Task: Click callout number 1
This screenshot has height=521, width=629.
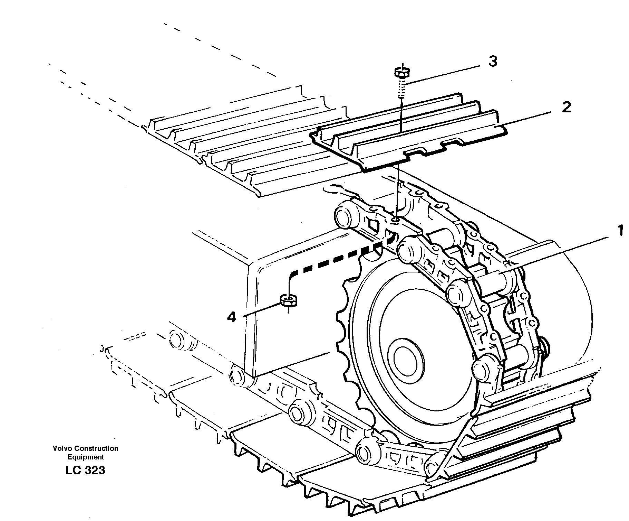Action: coord(620,231)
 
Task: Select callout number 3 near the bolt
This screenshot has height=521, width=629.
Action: coord(493,62)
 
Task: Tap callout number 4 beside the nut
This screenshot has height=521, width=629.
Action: coord(231,317)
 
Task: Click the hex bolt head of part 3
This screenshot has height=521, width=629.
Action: coord(402,73)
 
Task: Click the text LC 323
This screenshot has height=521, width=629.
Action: coord(85,471)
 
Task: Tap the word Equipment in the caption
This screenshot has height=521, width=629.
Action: coord(86,457)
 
